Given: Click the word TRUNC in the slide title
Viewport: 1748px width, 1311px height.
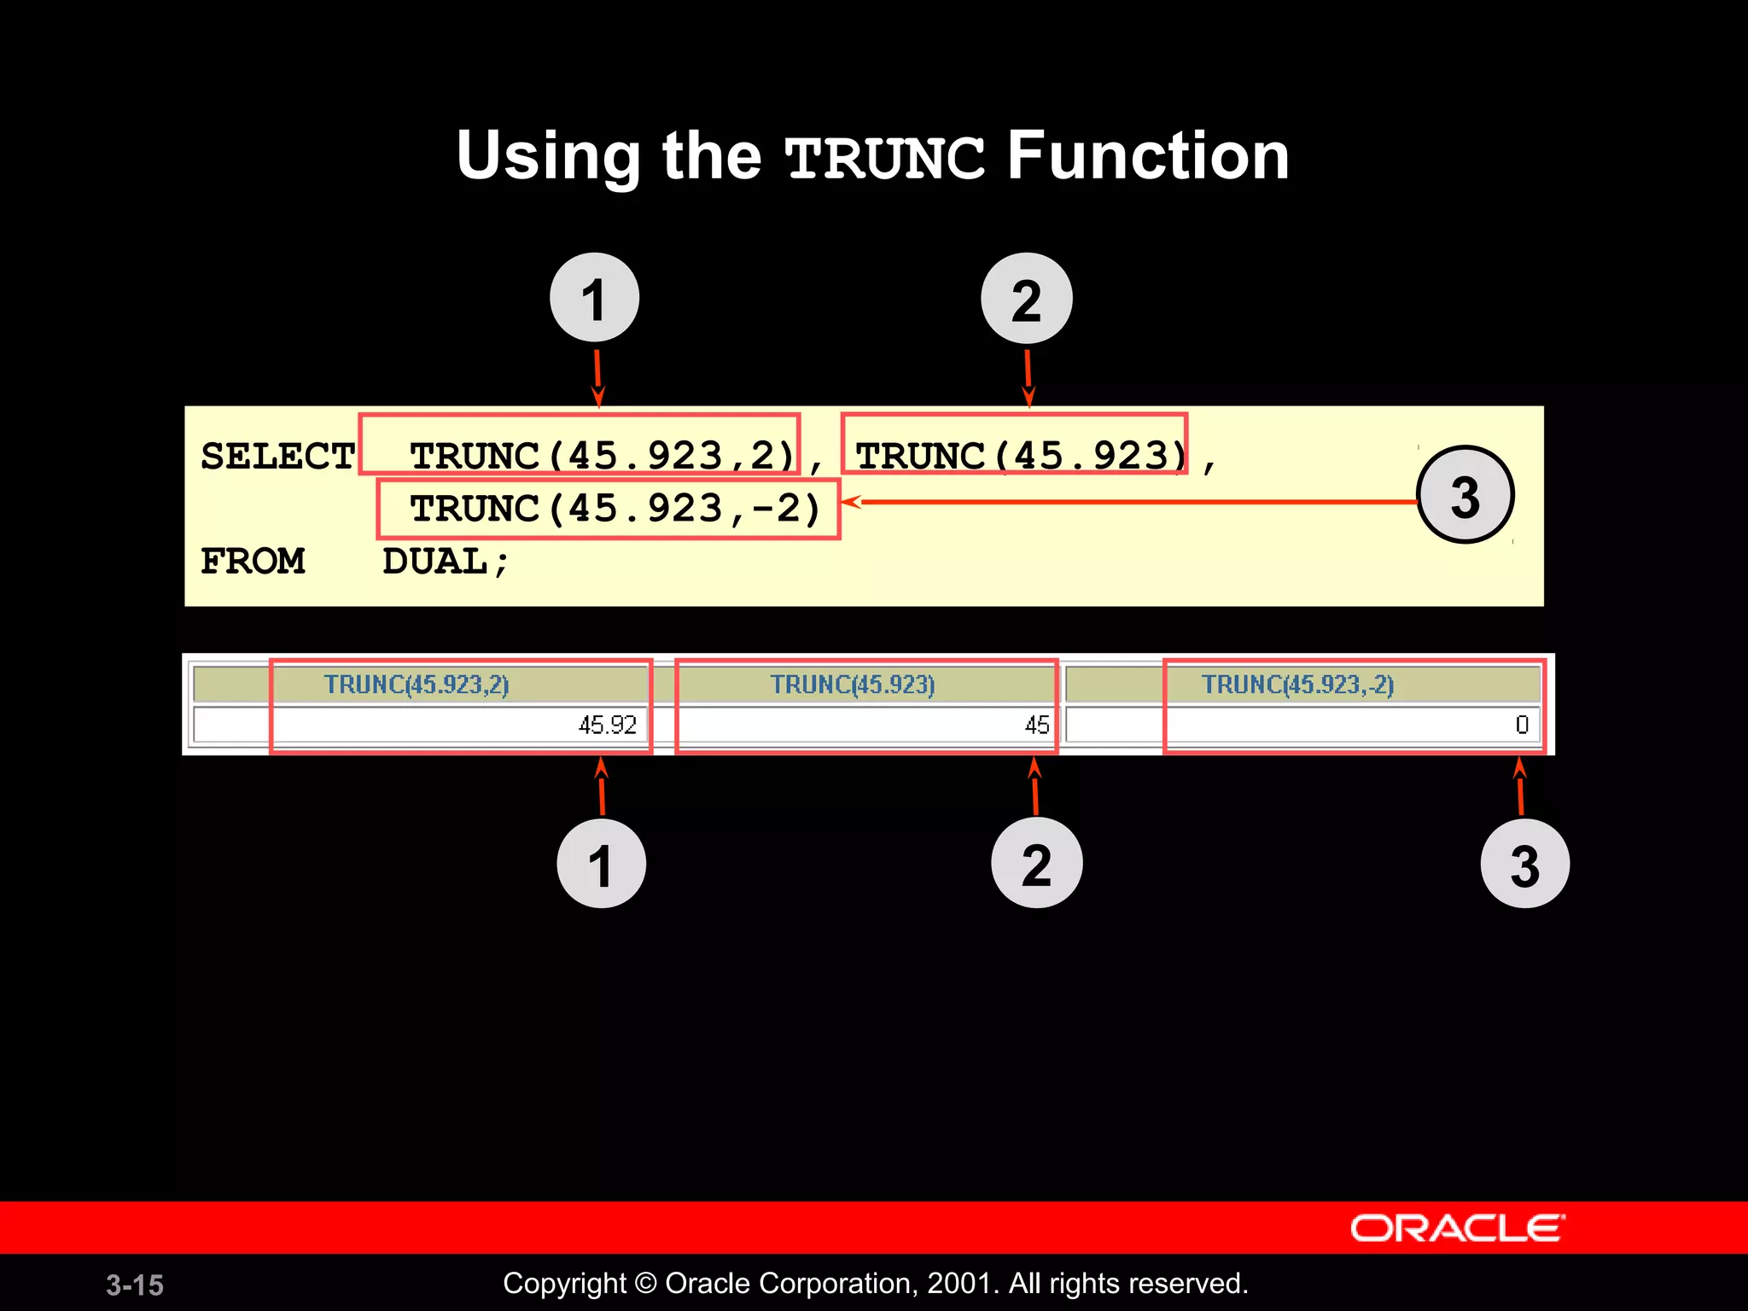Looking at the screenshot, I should tap(884, 159).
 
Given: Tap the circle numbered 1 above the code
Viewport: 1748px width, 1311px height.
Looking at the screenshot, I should tap(594, 298).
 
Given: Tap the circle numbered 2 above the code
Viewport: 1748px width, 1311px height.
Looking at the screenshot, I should tap(1026, 299).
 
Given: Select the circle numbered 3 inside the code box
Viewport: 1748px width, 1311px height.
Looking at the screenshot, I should tap(1465, 495).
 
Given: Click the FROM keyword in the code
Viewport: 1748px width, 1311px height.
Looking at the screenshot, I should tap(253, 561).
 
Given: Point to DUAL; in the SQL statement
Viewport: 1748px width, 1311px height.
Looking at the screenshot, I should tap(445, 562).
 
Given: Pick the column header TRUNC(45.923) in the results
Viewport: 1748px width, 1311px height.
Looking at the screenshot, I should tap(853, 685).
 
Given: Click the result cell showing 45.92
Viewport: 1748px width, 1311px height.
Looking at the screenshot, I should tap(607, 725).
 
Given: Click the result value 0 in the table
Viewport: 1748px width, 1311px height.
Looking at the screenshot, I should tap(1521, 725).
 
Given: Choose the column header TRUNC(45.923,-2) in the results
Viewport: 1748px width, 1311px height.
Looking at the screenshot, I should tap(1297, 685).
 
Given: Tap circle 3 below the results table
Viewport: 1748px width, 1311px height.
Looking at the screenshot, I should tap(1524, 864).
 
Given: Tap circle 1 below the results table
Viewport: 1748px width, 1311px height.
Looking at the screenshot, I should tap(601, 864).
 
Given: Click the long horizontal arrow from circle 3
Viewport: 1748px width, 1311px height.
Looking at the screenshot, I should tap(1127, 502).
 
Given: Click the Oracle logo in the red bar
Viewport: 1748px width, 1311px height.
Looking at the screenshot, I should tap(1456, 1228).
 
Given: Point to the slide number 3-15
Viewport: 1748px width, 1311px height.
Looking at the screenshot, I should tap(135, 1285).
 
